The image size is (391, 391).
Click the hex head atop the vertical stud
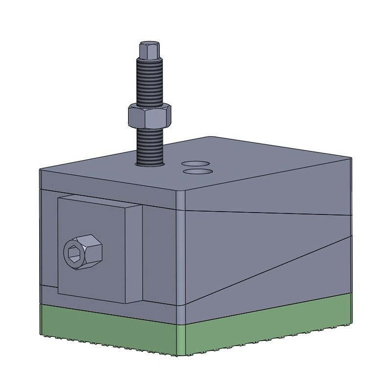click(149, 50)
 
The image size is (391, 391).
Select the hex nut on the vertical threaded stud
click(149, 116)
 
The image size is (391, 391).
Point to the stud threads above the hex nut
click(149, 81)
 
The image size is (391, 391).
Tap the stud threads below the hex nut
click(149, 144)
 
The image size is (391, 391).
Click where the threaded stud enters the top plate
click(150, 164)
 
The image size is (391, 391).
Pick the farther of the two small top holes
click(195, 163)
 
